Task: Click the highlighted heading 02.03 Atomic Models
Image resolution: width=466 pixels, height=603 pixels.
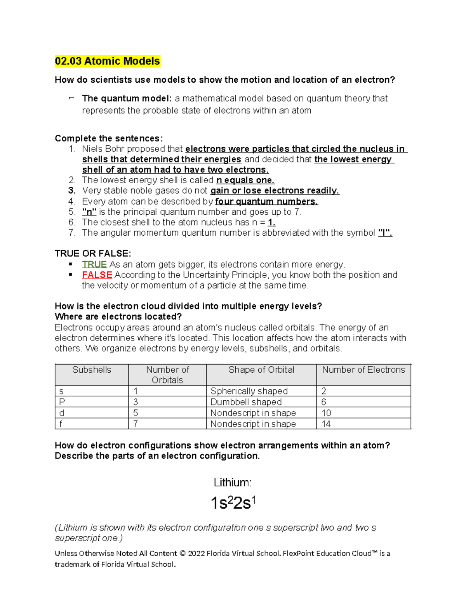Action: pyautogui.click(x=107, y=61)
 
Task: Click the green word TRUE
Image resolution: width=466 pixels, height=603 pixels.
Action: pyautogui.click(x=94, y=264)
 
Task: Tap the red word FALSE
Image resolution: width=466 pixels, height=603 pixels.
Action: pyautogui.click(x=97, y=275)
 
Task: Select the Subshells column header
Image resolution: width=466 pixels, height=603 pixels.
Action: pyautogui.click(x=92, y=370)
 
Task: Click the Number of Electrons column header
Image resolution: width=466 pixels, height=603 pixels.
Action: pyautogui.click(x=363, y=370)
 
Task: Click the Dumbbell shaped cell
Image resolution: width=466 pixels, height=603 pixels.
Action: pyautogui.click(x=246, y=402)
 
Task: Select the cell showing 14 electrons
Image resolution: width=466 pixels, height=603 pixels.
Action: pyautogui.click(x=326, y=424)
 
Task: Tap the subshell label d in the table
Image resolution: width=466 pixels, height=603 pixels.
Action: pyautogui.click(x=62, y=413)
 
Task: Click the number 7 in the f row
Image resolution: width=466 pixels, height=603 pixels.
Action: pyautogui.click(x=136, y=424)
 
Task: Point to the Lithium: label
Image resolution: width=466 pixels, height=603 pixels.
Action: pyautogui.click(x=233, y=483)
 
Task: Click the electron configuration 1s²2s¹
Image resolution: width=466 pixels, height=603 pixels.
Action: pyautogui.click(x=233, y=503)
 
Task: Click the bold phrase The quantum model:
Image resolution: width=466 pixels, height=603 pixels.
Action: pyautogui.click(x=127, y=99)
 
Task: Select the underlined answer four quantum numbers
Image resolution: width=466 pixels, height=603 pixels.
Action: pyautogui.click(x=266, y=202)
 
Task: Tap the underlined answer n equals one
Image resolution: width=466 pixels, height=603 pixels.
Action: pyautogui.click(x=245, y=180)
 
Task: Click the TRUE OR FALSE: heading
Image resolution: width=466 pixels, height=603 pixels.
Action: pyautogui.click(x=93, y=254)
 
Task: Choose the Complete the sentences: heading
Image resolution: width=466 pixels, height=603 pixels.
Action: pyautogui.click(x=109, y=139)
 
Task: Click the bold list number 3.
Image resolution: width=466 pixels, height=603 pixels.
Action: pyautogui.click(x=71, y=191)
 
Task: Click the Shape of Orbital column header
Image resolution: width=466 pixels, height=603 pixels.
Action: pyautogui.click(x=261, y=370)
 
